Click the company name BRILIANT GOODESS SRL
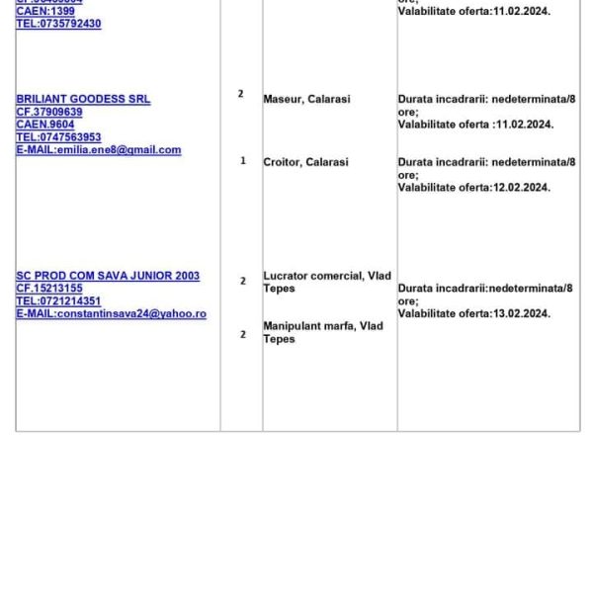[x=83, y=100]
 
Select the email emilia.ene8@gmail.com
[x=99, y=150]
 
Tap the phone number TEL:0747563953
[x=58, y=137]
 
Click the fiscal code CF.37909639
[x=49, y=113]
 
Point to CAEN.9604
[x=45, y=126]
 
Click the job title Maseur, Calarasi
[x=306, y=100]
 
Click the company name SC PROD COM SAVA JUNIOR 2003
[x=108, y=277]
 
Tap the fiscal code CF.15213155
[x=49, y=289]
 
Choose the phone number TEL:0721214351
[x=58, y=301]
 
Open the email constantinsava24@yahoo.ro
[x=111, y=313]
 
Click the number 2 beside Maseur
[x=240, y=94]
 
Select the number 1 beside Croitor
[x=243, y=161]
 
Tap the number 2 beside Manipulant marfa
[x=243, y=334]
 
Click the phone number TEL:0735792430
[x=58, y=24]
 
